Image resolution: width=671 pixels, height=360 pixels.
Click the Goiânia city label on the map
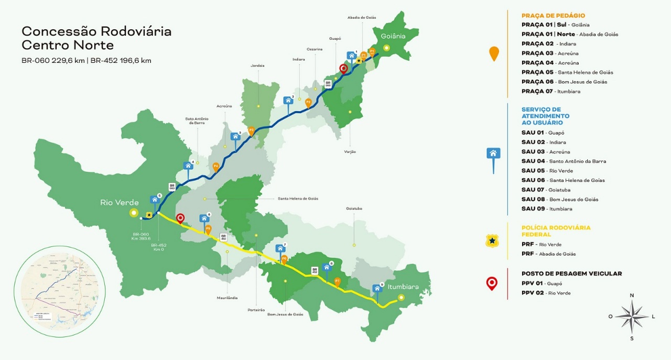point(393,36)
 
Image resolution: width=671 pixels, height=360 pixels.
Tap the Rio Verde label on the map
point(120,202)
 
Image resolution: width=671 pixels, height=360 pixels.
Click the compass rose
point(632,316)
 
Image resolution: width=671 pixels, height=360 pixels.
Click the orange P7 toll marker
point(337,282)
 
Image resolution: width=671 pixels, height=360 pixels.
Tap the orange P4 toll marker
point(216,167)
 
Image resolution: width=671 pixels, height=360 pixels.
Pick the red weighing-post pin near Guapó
point(343,69)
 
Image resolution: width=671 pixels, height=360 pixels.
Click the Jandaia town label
point(258,66)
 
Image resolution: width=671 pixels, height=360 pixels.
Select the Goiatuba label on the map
point(354,209)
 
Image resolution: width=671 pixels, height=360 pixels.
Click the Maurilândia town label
point(228,298)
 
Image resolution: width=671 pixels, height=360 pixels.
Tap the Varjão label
point(350,151)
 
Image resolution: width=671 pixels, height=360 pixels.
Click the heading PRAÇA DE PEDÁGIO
point(553,16)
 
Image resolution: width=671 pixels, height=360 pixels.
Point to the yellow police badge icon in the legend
point(492,241)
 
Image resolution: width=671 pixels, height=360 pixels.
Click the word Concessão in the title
point(56,31)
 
